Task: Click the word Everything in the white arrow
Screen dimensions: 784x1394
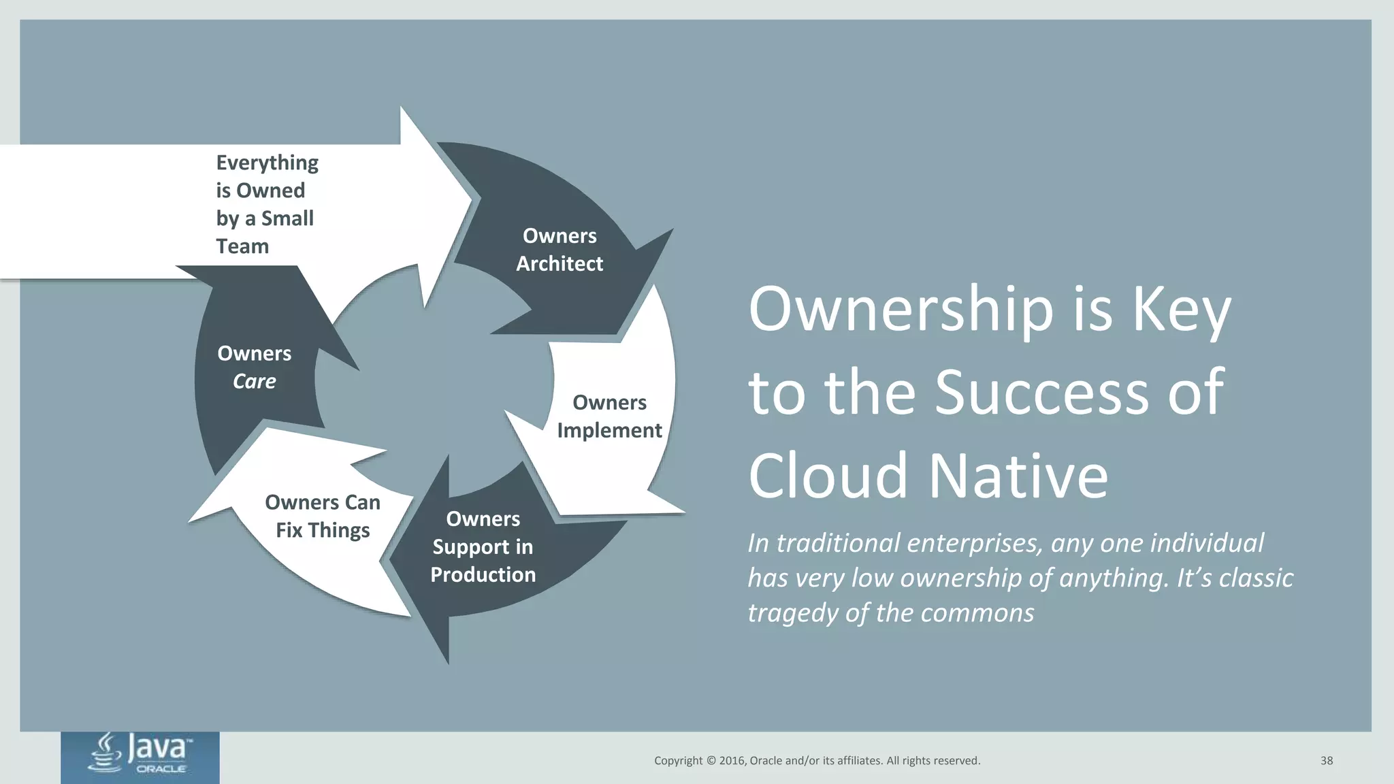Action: (267, 163)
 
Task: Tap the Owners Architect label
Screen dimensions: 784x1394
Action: (560, 250)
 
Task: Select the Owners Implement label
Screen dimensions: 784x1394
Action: (609, 416)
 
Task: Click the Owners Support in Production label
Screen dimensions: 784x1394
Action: (483, 546)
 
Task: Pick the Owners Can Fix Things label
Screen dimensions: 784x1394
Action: (323, 516)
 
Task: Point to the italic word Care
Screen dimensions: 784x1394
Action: (254, 381)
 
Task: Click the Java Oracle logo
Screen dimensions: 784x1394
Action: (140, 755)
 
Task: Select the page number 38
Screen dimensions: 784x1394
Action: (1327, 761)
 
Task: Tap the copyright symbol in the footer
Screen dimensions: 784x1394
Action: (711, 761)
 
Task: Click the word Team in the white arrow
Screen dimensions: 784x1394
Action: (242, 246)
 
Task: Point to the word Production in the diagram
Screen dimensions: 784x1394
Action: (483, 575)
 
